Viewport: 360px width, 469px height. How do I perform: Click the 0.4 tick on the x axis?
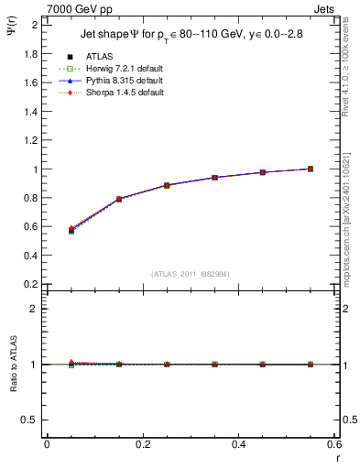click(238, 444)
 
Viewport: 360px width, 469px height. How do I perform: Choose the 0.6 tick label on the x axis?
click(333, 444)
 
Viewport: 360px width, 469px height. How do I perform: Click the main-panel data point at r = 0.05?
click(71, 230)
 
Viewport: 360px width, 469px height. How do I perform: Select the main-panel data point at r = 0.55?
click(311, 169)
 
